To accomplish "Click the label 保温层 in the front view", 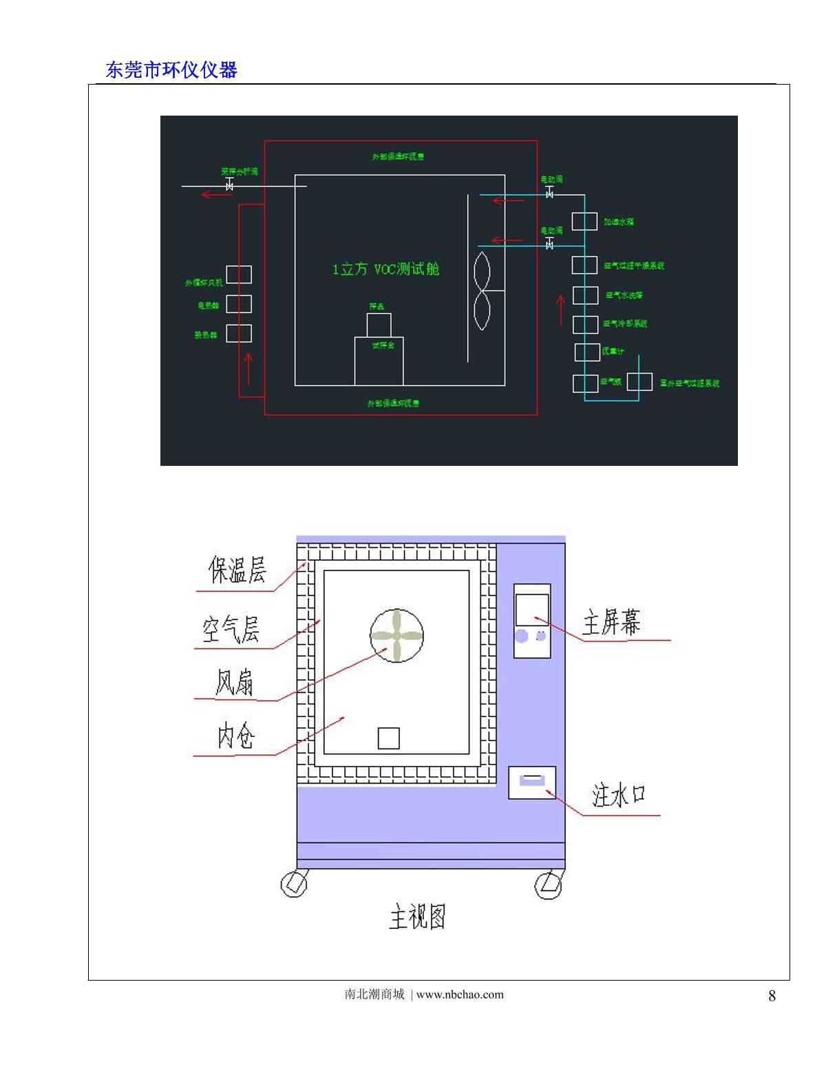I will [237, 570].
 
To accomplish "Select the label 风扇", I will [234, 682].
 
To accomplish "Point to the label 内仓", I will [236, 736].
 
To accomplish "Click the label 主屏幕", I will [611, 622].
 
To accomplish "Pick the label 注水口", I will [618, 795].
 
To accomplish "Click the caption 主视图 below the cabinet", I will [417, 917].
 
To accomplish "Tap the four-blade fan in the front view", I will [396, 635].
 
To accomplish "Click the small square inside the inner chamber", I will [388, 738].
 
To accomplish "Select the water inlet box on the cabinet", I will [531, 782].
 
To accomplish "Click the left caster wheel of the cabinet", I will [294, 884].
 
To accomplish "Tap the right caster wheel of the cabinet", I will [549, 884].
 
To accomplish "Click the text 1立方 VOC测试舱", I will [385, 269].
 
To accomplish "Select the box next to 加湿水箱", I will [584, 222].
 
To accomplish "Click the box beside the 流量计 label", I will [586, 352].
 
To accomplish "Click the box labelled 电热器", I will [239, 304].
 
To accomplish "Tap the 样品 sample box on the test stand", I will [379, 325].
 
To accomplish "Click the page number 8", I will [772, 996].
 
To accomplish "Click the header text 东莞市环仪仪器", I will [171, 70].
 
